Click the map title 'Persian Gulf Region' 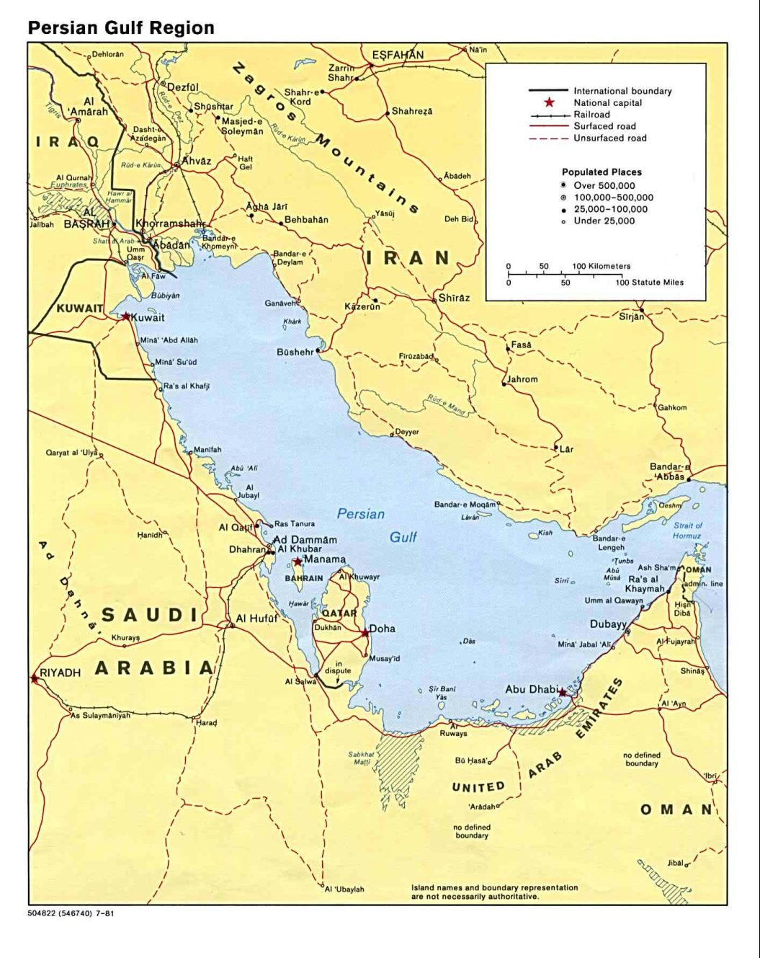(121, 28)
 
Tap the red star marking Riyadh (34, 678)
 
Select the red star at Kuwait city (126, 316)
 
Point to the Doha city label (382, 629)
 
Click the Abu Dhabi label (531, 689)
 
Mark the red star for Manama (298, 562)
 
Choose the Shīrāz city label (454, 298)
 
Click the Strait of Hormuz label (687, 531)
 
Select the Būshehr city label (295, 352)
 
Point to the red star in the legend (549, 103)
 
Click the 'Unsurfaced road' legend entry (609, 138)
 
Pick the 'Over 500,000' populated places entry (604, 186)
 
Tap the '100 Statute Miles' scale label (648, 282)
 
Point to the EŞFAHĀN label (398, 55)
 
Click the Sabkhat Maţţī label (361, 758)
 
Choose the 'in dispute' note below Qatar (338, 667)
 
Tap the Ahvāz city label (196, 161)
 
